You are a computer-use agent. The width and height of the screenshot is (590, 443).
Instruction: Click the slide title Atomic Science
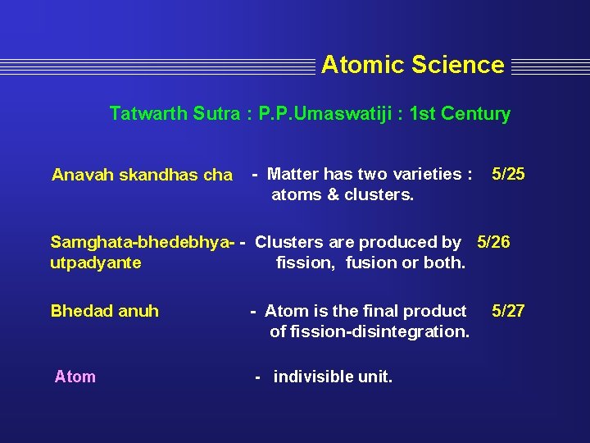coord(412,65)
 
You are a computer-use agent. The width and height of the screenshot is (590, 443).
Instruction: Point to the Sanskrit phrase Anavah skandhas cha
coord(142,175)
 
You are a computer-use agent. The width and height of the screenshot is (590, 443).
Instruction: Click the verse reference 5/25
coord(508,173)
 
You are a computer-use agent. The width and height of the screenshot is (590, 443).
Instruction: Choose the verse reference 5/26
coord(493,242)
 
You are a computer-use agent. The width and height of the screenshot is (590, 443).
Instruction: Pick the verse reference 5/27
coord(508,311)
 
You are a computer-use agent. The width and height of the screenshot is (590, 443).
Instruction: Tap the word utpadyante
coord(96,263)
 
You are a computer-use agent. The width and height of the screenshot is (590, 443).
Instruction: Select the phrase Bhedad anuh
coord(105,311)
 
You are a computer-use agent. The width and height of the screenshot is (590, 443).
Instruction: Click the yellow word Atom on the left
coord(75,377)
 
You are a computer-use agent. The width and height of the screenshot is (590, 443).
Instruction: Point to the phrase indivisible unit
coord(333,377)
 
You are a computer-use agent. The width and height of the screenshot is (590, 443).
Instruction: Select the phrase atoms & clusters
coord(343,194)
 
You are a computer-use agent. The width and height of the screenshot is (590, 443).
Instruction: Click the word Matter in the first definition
coord(293,174)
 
